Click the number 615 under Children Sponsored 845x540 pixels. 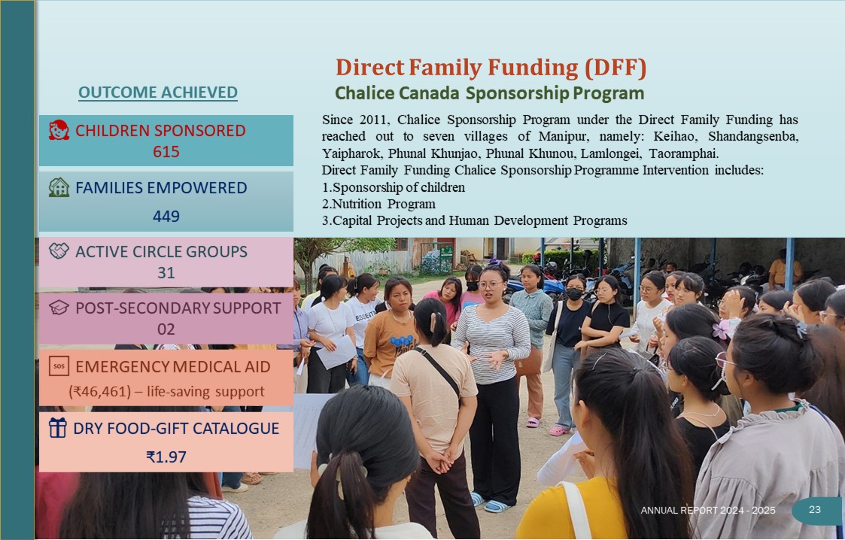166,152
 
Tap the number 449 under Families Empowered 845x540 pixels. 166,217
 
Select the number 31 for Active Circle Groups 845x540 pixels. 166,273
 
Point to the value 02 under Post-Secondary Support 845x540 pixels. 166,329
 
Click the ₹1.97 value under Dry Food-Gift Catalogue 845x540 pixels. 166,457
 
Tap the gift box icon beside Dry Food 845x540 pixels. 58,428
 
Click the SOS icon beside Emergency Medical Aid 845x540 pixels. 59,366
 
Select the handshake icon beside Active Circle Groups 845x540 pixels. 59,251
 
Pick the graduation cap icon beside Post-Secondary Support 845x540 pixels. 59,308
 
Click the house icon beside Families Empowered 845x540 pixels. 59,187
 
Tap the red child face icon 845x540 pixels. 59,130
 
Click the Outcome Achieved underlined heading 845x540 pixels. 158,93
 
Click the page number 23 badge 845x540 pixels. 815,509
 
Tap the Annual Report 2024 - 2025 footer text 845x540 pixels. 708,511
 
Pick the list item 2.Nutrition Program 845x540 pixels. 378,204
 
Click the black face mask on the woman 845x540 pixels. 574,295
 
